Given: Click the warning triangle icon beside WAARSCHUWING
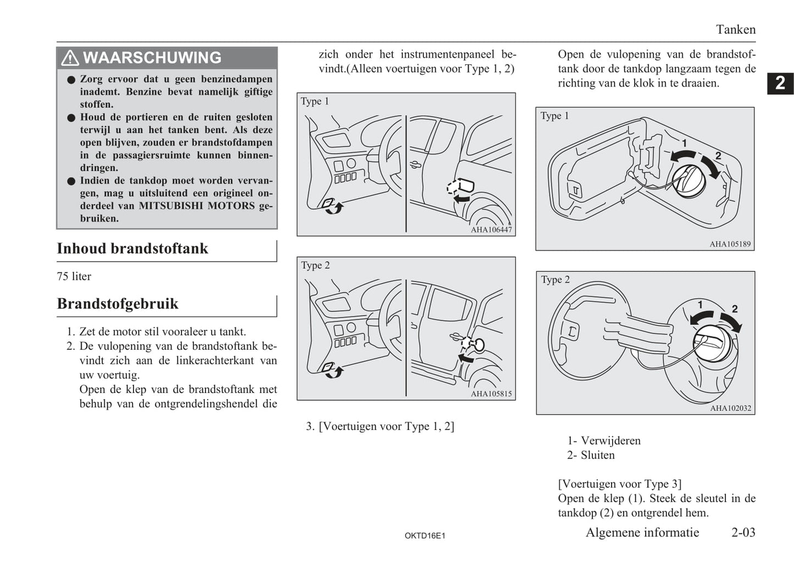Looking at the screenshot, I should click(x=70, y=58).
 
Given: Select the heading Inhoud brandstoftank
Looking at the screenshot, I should click(x=132, y=248).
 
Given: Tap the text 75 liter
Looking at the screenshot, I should click(x=74, y=277).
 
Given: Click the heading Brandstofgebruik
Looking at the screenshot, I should click(x=118, y=304).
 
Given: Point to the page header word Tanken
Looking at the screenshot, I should click(x=735, y=30).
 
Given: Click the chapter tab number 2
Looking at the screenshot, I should click(x=780, y=83).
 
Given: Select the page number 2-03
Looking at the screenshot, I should click(x=743, y=532).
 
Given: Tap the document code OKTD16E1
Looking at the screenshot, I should click(x=425, y=535).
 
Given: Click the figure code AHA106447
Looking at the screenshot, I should click(x=491, y=230).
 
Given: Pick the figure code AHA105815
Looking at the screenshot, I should click(x=491, y=394).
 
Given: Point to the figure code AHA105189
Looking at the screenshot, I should click(x=730, y=244).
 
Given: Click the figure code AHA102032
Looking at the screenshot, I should click(x=730, y=408).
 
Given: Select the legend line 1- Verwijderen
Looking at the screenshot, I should click(x=604, y=441).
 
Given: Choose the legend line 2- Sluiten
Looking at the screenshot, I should click(x=591, y=455).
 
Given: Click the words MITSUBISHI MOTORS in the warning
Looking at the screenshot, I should click(x=197, y=206).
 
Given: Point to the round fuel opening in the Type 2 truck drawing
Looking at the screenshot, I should click(x=478, y=345).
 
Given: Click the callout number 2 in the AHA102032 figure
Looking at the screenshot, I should click(x=735, y=309).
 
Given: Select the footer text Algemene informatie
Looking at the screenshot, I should click(x=642, y=532).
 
